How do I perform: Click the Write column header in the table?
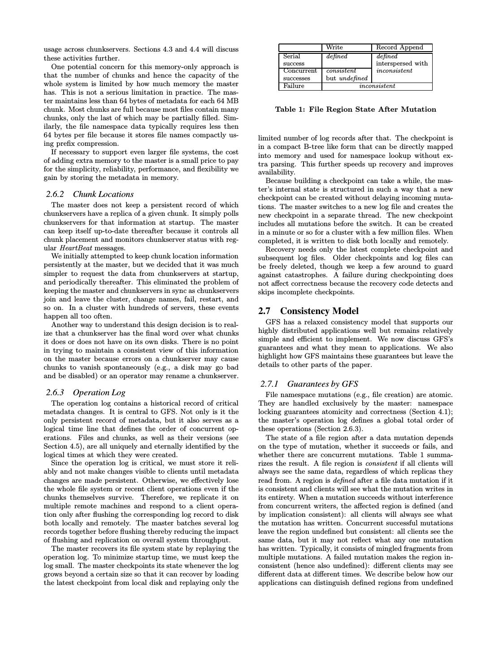point(334,48)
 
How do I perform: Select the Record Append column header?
point(399,48)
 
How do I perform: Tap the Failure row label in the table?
point(294,86)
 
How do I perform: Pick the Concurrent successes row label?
point(300,74)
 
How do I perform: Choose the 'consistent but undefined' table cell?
point(347,74)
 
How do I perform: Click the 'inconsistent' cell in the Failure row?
point(377,86)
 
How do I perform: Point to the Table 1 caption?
point(355,109)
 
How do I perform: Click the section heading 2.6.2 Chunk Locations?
point(90,194)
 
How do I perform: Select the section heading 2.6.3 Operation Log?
point(86,393)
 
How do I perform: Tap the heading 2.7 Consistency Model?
point(308,311)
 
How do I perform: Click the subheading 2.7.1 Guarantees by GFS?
point(309,384)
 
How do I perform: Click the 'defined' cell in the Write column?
point(337,57)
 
